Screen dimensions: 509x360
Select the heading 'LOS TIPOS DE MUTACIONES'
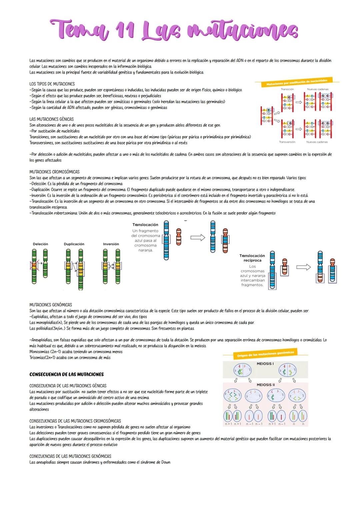tap(52, 84)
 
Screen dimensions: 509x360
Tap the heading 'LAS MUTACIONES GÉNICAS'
tap(51, 119)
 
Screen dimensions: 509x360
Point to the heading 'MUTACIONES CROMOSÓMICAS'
tap(54, 172)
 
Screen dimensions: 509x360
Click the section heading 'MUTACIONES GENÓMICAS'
tap(51, 305)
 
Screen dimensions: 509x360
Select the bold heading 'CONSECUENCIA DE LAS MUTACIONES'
tap(66, 374)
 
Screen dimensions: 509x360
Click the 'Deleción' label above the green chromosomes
tap(40, 244)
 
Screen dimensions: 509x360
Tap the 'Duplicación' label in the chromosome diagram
tap(74, 244)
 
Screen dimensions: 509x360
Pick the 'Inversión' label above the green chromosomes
tap(111, 244)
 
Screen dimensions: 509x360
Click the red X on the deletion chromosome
tap(34, 266)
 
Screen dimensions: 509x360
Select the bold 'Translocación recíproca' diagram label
tap(252, 258)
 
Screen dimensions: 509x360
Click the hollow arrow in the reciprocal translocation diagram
tap(303, 267)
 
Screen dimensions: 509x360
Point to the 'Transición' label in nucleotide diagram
tap(287, 89)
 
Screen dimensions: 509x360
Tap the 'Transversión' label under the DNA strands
tap(287, 142)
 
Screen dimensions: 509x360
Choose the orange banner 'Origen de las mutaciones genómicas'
tap(265, 354)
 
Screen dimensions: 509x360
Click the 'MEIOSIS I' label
tap(265, 364)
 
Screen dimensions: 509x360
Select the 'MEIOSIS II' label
tap(266, 385)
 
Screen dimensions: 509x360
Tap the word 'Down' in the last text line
tap(166, 462)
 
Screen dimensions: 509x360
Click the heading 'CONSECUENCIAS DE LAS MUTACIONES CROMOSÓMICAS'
tap(75, 421)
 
